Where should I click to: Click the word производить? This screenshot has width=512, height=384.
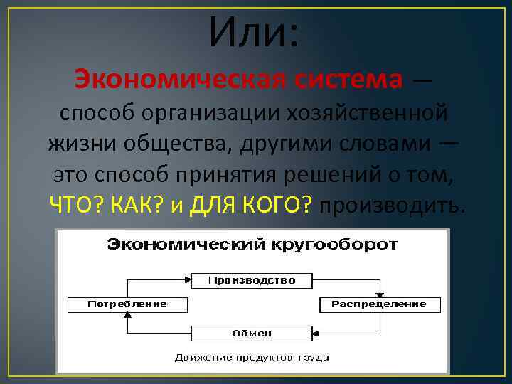[x=394, y=205]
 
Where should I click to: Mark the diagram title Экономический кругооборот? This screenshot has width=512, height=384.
[x=252, y=245]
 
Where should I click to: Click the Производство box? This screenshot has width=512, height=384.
[x=252, y=280]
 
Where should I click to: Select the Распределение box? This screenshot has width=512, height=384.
[x=379, y=304]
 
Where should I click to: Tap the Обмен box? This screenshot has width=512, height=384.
[x=252, y=333]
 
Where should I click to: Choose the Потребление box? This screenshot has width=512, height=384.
[x=127, y=304]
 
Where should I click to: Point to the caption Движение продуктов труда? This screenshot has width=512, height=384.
[x=252, y=356]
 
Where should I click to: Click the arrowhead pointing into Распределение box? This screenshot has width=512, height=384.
[x=379, y=294]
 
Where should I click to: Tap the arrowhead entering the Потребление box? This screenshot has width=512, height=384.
[x=127, y=316]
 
